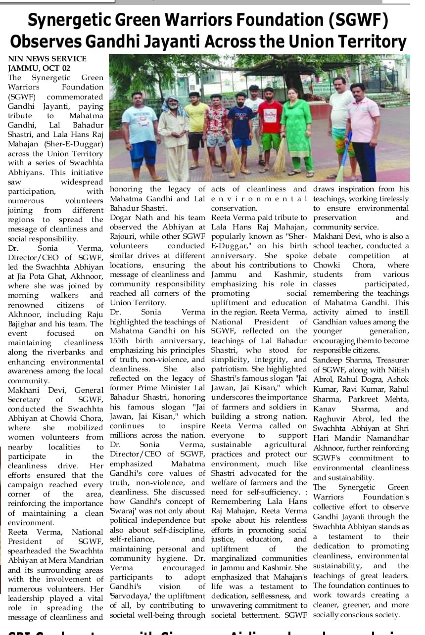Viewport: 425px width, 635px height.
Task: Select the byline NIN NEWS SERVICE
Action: [x=47, y=59]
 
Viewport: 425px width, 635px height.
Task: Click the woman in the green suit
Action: [x=296, y=129]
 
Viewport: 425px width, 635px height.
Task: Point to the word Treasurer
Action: [x=391, y=360]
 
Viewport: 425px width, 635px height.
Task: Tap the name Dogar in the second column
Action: [x=121, y=217]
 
